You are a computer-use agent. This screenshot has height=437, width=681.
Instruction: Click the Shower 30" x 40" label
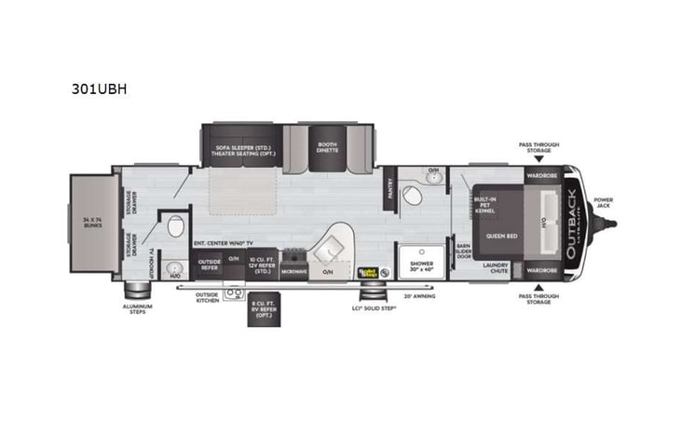point(421,266)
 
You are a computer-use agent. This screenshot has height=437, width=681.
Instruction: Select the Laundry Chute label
point(495,268)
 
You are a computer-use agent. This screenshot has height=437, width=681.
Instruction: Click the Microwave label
point(294,271)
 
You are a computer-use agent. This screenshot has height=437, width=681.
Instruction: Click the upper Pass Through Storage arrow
point(538,160)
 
